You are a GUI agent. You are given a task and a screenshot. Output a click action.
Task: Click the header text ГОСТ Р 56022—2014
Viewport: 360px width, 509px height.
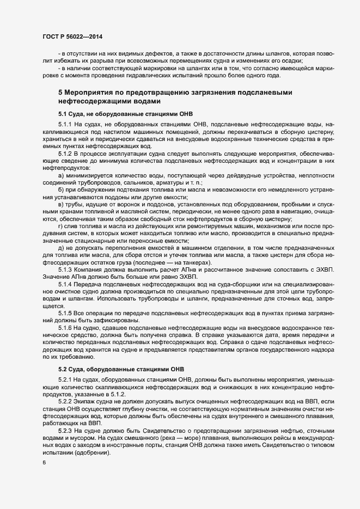[x=72, y=36]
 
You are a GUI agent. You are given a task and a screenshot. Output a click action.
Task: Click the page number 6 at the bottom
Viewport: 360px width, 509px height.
[x=44, y=463]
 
